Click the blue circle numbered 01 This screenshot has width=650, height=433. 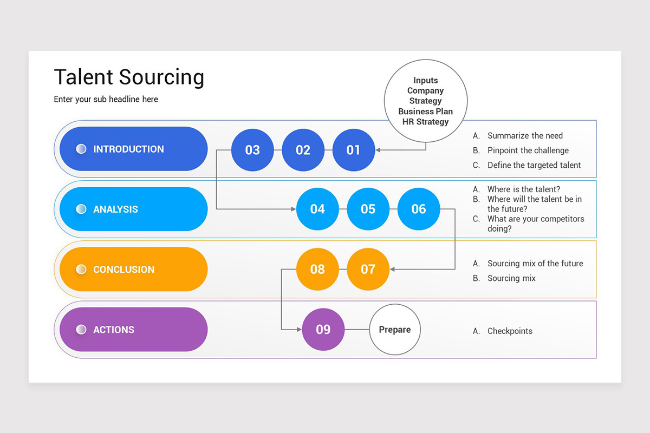[x=353, y=150]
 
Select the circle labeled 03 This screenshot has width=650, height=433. [x=252, y=150]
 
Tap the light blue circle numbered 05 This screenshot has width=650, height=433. [x=368, y=209]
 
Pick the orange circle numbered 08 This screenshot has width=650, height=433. [x=317, y=269]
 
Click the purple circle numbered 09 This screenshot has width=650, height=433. [x=323, y=329]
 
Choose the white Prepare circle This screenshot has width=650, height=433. [x=394, y=329]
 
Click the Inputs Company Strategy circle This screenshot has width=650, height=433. [x=425, y=101]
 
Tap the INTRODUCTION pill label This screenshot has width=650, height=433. [x=133, y=149]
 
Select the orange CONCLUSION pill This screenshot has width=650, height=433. [x=133, y=269]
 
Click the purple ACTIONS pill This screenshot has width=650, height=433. [x=133, y=329]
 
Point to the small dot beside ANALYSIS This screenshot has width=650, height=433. [x=81, y=209]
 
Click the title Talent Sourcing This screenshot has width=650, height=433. [x=129, y=77]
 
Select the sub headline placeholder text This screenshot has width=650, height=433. [x=106, y=99]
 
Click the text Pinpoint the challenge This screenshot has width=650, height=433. [x=528, y=150]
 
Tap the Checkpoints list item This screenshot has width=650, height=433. [x=509, y=331]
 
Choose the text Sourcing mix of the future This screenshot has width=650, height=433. [x=535, y=264]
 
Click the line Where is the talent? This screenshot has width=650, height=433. [x=523, y=189]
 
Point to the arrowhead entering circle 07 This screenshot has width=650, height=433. [x=393, y=269]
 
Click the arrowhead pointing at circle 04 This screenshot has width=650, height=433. [x=293, y=209]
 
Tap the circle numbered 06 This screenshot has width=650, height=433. [x=418, y=209]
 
